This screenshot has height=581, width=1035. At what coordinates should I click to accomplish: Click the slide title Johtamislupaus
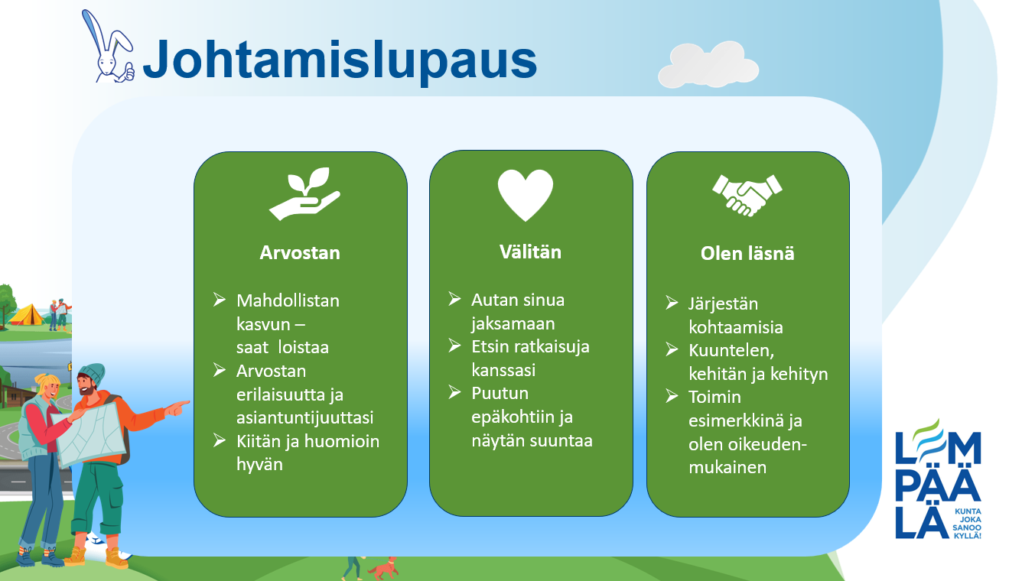(340, 60)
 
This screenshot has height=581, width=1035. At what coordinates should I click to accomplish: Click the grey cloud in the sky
(708, 65)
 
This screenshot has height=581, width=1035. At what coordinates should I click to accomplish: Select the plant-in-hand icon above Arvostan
(304, 193)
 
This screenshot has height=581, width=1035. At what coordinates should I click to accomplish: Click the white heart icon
(526, 195)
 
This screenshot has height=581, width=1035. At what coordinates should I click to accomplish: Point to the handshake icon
(747, 196)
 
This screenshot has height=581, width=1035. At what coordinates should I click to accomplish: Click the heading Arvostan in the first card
(300, 253)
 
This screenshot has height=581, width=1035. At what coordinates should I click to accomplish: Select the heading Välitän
(530, 252)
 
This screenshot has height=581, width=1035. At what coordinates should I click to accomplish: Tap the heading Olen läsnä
(747, 254)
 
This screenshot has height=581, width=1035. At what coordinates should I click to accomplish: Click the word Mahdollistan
(288, 300)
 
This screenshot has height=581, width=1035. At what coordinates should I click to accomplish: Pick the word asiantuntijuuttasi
(305, 417)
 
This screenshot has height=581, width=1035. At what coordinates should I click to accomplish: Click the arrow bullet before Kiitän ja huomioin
(220, 440)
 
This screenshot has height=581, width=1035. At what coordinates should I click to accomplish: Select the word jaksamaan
(513, 323)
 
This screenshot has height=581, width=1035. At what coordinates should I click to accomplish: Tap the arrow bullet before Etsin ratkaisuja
(454, 346)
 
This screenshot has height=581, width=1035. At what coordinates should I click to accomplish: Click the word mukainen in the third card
(727, 467)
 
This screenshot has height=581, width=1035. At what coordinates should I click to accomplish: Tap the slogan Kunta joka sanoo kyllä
(967, 524)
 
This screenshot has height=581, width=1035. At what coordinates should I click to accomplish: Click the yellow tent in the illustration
(26, 314)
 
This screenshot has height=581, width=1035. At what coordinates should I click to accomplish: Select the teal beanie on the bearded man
(93, 373)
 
